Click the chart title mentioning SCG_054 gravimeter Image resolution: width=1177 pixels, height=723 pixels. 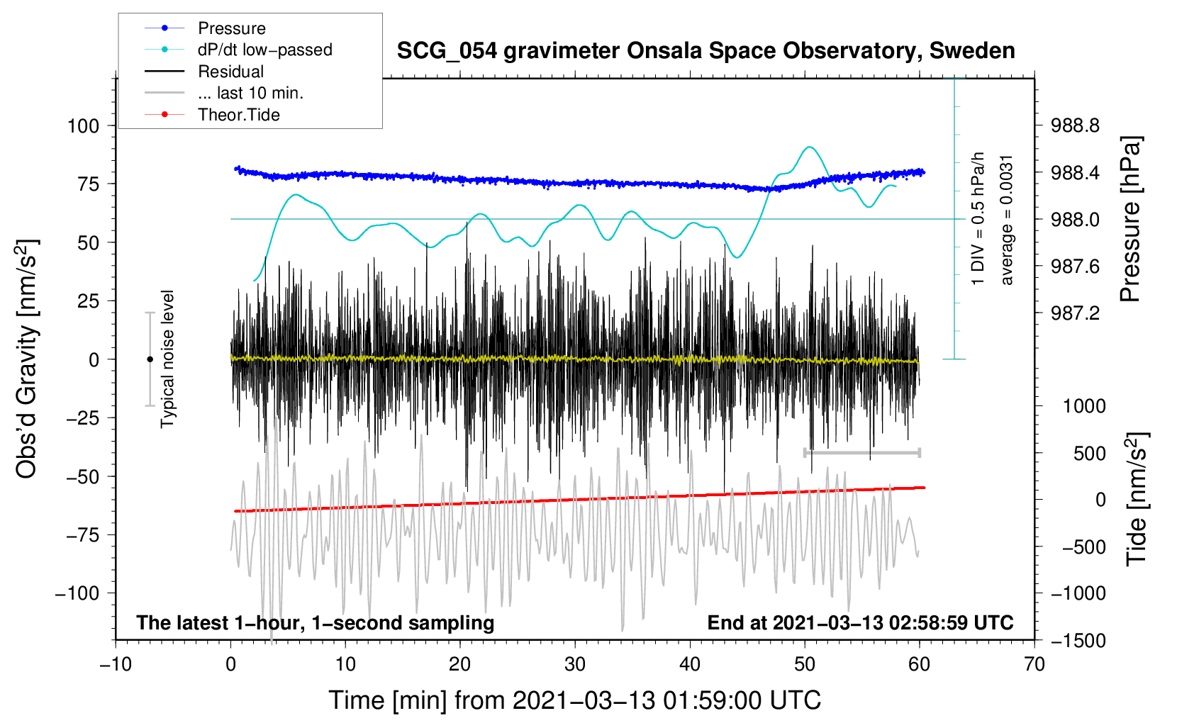point(705,51)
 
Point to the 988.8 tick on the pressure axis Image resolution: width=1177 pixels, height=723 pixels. point(1075,125)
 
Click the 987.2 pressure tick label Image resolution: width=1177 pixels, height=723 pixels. point(1075,313)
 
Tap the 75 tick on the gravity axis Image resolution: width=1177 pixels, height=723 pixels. point(88,184)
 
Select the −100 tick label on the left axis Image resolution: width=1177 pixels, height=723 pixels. point(77,593)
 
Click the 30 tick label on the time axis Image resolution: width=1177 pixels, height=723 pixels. point(575,665)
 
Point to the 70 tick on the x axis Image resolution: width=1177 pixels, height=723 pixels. point(1034,665)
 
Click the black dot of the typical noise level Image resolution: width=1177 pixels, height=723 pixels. point(150,359)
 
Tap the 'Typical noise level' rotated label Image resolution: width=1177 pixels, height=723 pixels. point(167,359)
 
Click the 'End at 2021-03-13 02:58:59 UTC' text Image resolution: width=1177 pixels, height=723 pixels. point(860,622)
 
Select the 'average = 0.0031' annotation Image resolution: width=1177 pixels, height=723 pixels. point(1005,220)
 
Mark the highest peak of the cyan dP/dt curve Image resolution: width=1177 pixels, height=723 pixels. point(809,147)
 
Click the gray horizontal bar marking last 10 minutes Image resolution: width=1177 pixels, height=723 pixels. point(861,452)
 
